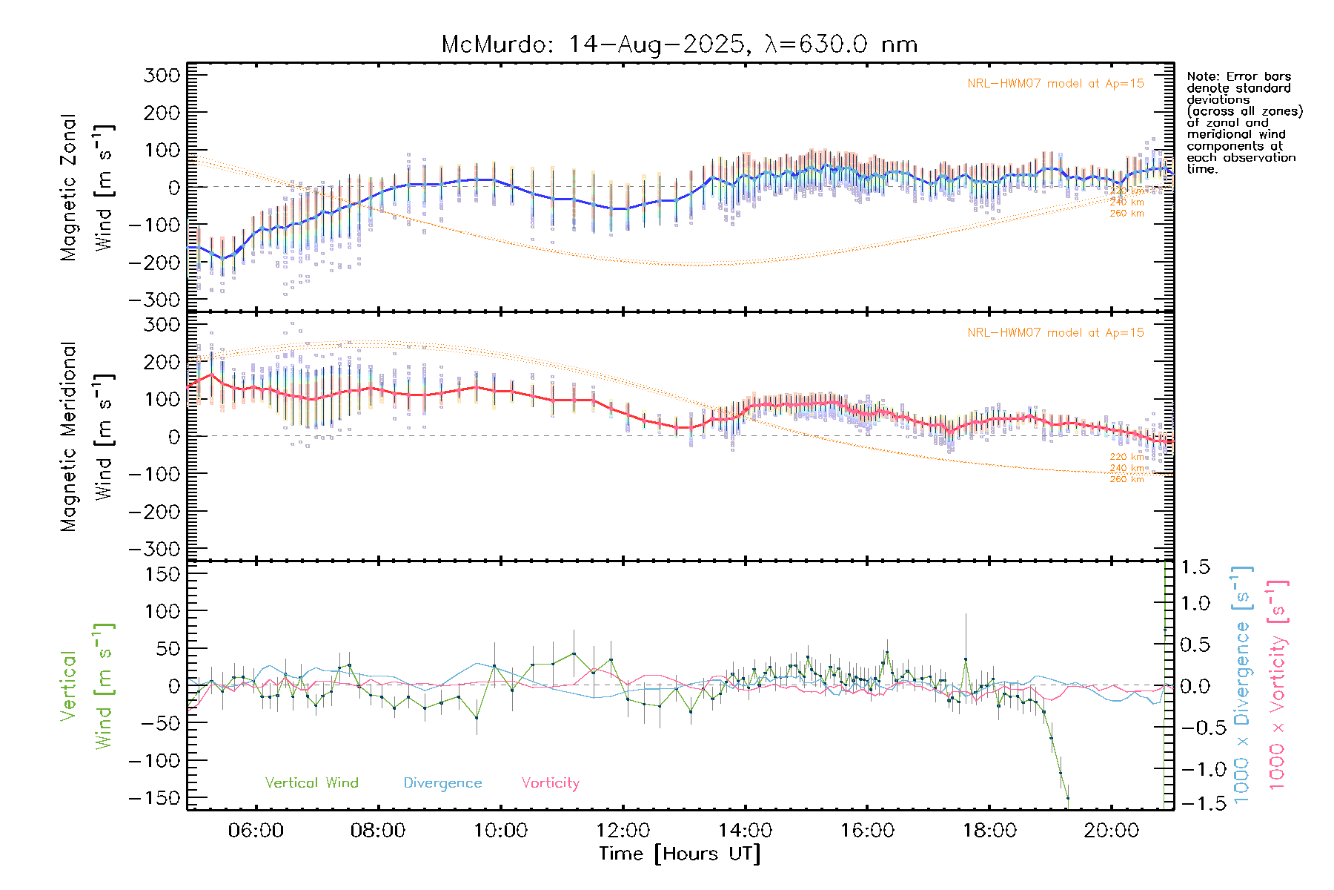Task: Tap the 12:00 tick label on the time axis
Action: point(623,831)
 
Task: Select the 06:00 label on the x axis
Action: point(256,831)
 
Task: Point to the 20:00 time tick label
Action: point(1111,831)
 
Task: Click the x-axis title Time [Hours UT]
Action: point(680,854)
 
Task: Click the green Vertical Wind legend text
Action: point(311,783)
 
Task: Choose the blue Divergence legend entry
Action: point(442,783)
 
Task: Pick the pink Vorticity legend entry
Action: point(550,783)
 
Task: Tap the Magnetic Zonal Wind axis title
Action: point(87,187)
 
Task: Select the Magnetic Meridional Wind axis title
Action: point(87,436)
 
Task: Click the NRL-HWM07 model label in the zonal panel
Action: point(1055,84)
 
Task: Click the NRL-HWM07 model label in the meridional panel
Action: point(1055,333)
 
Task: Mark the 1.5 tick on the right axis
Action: point(1195,567)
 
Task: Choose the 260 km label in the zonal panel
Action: point(1126,214)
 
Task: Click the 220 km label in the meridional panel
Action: point(1126,457)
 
